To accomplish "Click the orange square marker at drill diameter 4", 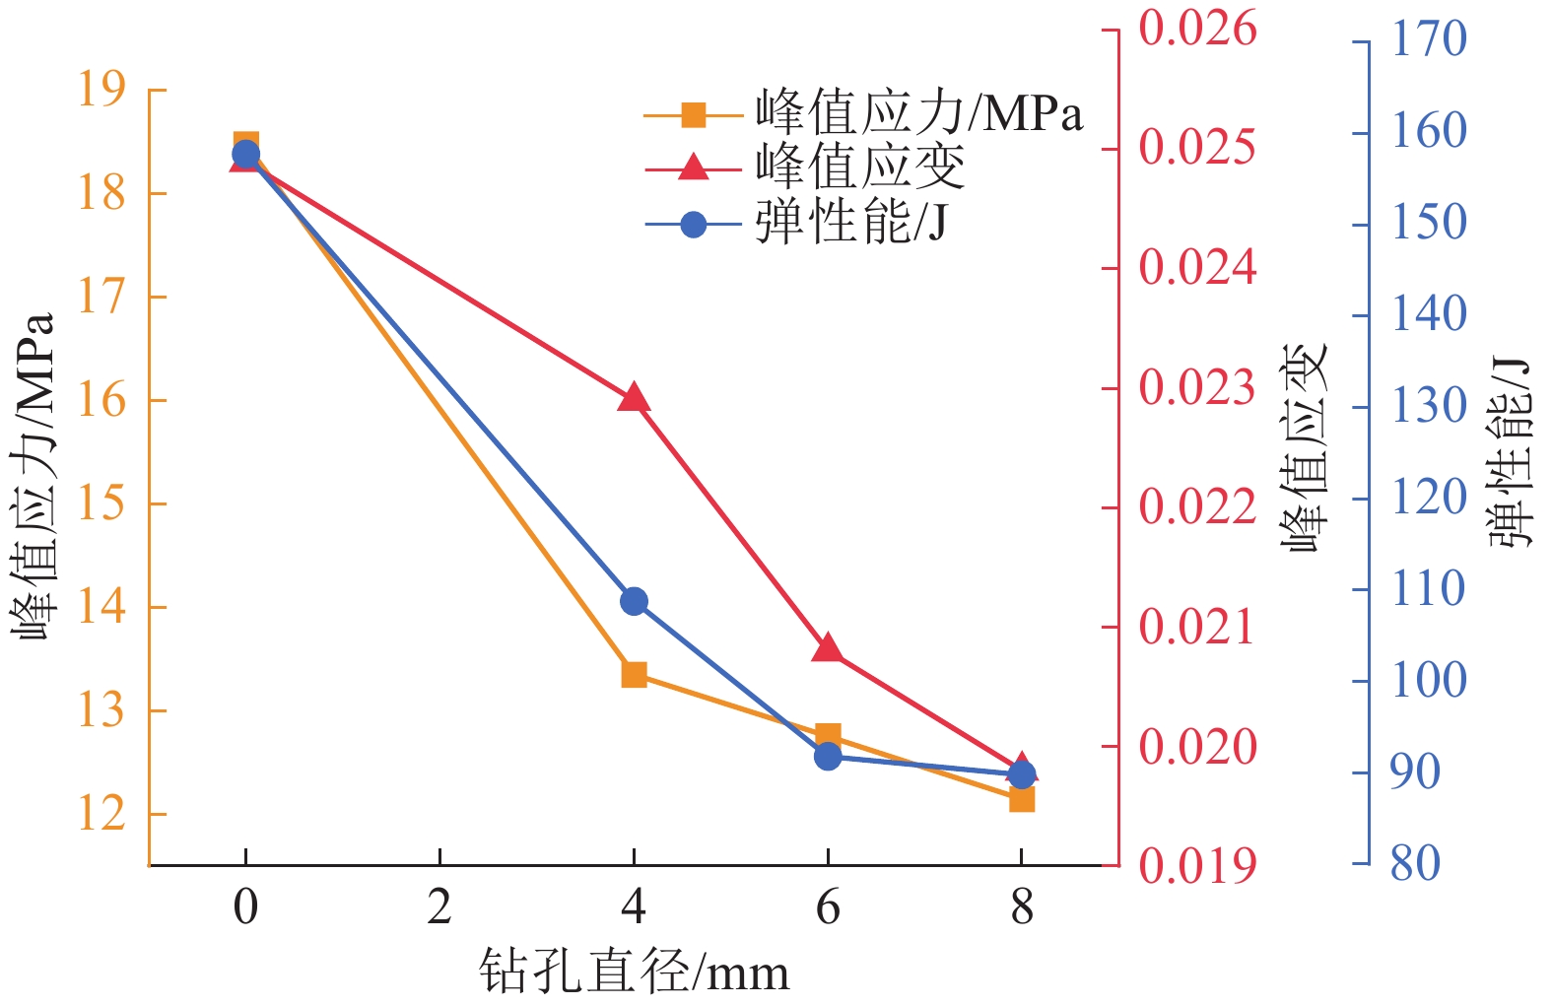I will coord(634,675).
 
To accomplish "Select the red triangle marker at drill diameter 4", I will coord(634,398).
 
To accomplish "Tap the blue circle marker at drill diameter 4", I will coord(634,601).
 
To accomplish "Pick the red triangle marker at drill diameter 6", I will coord(828,648).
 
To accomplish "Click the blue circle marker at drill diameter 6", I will coord(828,756).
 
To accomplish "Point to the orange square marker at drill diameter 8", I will coord(1022,799).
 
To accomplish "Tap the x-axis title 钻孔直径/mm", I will coord(634,972).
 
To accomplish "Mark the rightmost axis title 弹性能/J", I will coord(1510,452).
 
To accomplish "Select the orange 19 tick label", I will coord(102,90).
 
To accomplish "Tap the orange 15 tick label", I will coord(102,503).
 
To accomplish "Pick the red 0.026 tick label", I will coord(1197,29).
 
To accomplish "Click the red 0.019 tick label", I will coord(1197,866).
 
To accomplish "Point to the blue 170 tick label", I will coord(1428,40).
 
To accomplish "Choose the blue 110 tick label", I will coord(1428,589).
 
